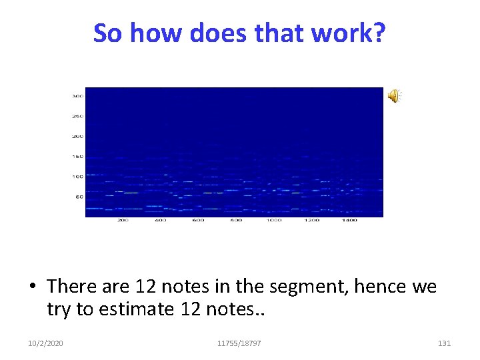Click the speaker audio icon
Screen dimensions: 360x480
(x=394, y=97)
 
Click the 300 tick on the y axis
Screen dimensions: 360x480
(x=78, y=96)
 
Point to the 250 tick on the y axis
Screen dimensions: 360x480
(x=78, y=116)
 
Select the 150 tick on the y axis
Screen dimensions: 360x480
(x=78, y=157)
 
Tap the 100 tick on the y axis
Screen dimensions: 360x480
(x=78, y=177)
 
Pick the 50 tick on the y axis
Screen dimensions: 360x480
(x=79, y=197)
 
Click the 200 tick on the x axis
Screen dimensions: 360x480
(x=123, y=221)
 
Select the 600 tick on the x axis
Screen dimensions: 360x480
(x=198, y=221)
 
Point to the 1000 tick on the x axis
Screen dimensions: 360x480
(x=273, y=221)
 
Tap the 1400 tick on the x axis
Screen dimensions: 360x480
(x=349, y=221)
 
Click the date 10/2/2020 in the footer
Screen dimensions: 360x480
(x=46, y=343)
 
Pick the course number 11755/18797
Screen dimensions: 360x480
(x=239, y=343)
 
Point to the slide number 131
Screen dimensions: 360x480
(x=444, y=343)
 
